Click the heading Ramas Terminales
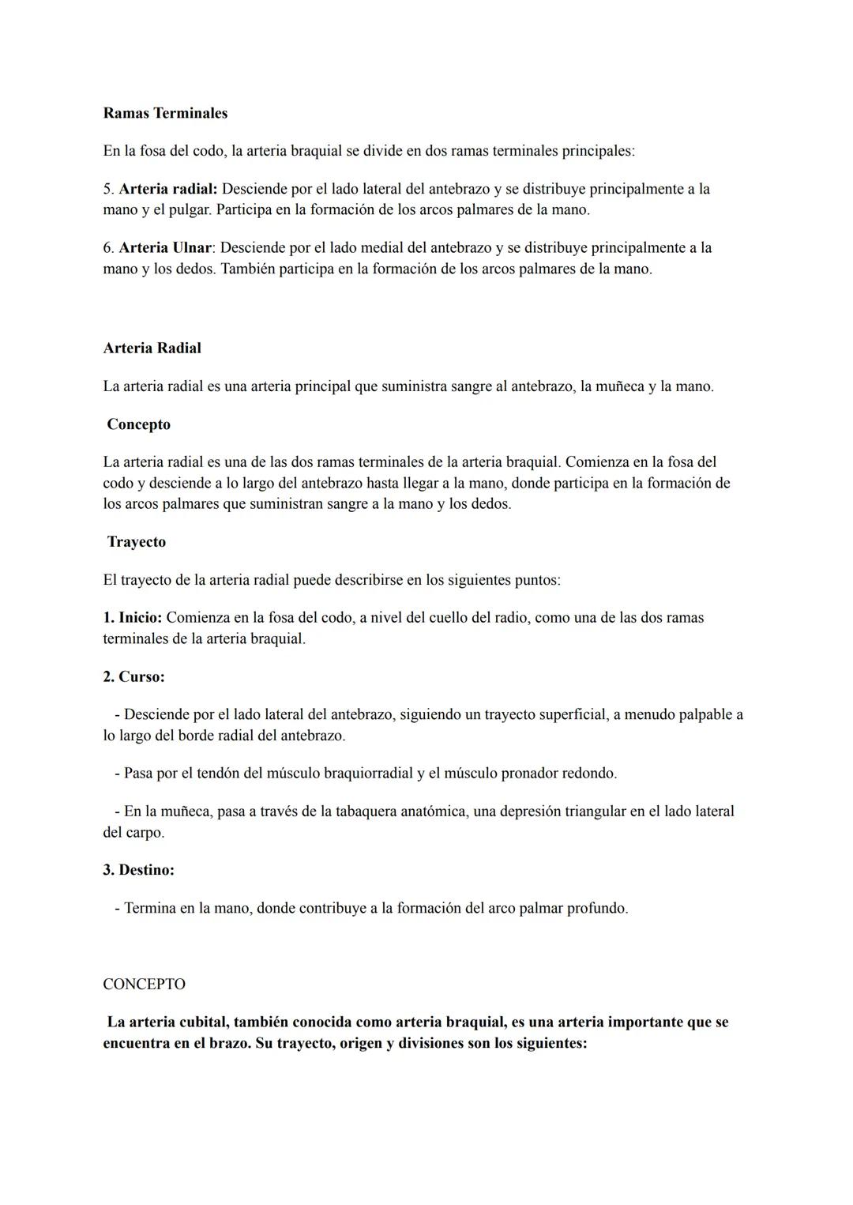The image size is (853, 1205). pos(165,113)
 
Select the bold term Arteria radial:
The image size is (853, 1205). pos(168,189)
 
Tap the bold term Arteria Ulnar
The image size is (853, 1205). pos(165,247)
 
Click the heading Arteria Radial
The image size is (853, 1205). pos(152,348)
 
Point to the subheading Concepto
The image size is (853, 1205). pos(139,424)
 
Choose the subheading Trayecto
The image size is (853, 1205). pos(137,542)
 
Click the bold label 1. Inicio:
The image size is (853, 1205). pos(133,617)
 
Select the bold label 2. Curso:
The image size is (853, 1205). pos(134,677)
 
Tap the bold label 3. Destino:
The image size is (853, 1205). pos(139,870)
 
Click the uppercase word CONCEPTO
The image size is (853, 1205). pos(145,985)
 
